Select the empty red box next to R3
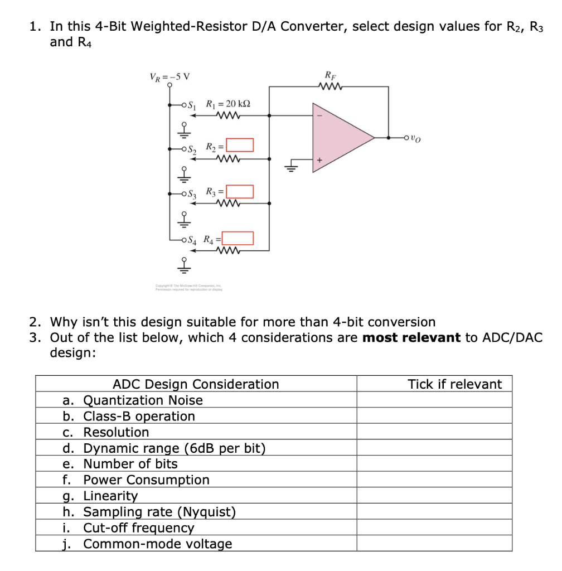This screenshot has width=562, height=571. (239, 192)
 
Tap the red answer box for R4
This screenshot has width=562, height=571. (239, 239)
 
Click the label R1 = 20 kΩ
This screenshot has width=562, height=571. (228, 104)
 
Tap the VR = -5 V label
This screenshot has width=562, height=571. (169, 76)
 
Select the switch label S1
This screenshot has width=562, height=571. (192, 104)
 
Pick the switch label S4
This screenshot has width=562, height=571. (192, 241)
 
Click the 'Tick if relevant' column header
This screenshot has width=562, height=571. (454, 384)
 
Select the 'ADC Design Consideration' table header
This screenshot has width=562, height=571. (196, 384)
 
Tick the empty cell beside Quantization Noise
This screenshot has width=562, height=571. (434, 400)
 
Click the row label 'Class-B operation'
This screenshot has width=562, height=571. (139, 417)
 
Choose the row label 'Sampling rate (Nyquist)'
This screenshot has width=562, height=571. (159, 512)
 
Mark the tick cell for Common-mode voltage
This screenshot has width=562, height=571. (434, 544)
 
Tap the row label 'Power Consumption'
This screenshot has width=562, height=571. (146, 480)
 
